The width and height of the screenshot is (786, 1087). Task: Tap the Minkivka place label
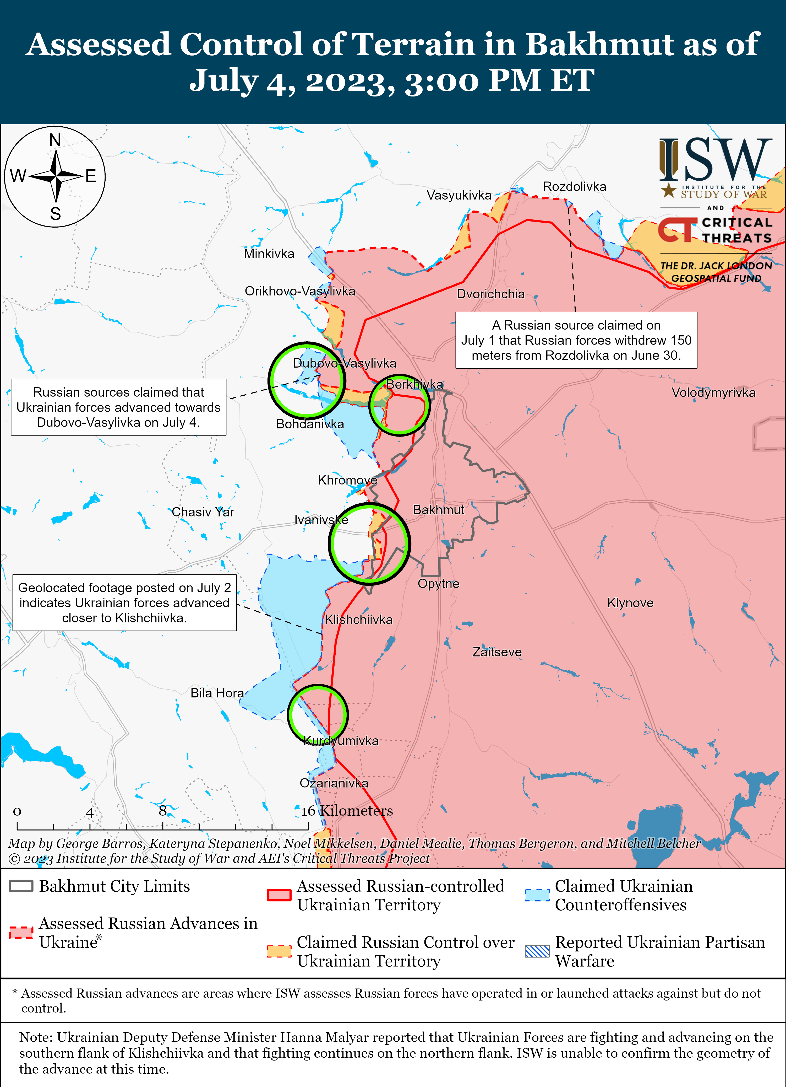(269, 254)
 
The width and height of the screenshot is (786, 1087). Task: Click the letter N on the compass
(55, 141)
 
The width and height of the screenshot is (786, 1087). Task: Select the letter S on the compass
(56, 214)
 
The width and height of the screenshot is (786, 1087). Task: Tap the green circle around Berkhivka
(400, 405)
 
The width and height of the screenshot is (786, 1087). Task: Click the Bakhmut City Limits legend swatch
(21, 886)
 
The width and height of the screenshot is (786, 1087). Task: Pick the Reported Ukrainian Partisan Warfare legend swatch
(537, 951)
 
